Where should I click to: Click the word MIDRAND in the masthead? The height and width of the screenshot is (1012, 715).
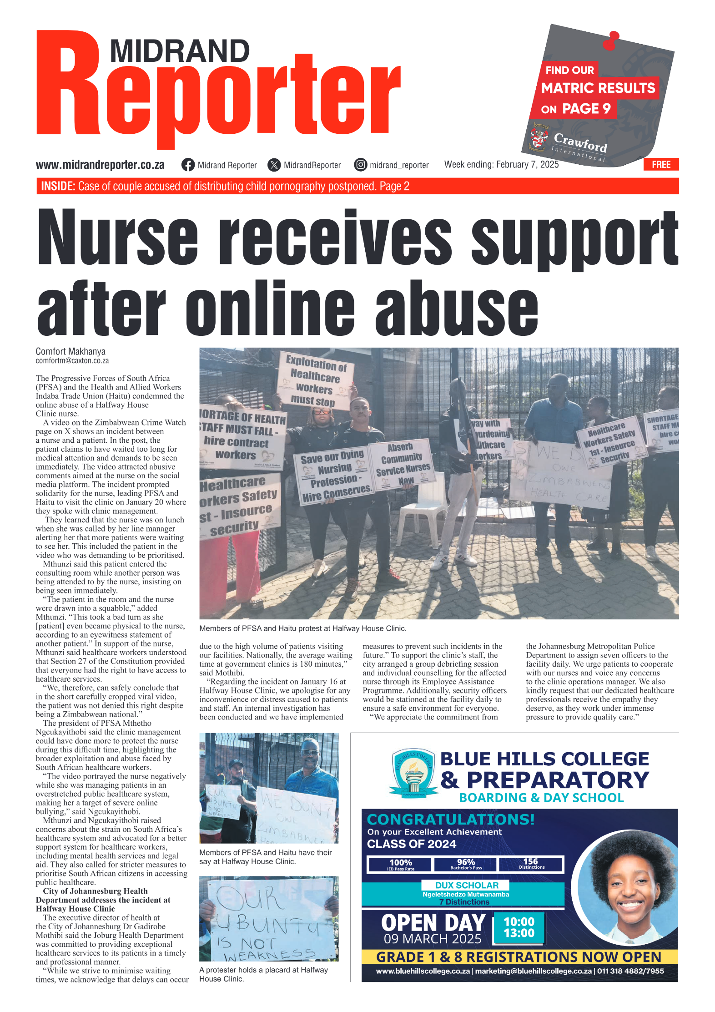[x=180, y=51]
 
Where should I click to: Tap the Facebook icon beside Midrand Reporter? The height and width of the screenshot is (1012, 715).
[x=188, y=165]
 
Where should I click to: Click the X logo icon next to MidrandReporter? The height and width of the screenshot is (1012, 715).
[x=274, y=165]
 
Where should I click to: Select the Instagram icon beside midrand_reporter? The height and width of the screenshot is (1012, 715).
[x=361, y=165]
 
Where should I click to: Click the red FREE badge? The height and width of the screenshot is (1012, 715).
[x=661, y=164]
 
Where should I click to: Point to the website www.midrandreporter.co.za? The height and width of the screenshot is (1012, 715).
[x=100, y=165]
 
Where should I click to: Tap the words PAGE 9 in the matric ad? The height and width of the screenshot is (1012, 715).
[x=586, y=109]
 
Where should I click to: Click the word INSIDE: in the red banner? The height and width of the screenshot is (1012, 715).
[x=58, y=186]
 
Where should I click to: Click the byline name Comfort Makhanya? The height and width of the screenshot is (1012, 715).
[x=70, y=351]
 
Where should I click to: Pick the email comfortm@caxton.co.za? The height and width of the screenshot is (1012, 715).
[x=72, y=361]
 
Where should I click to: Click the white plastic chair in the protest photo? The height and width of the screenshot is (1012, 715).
[x=423, y=514]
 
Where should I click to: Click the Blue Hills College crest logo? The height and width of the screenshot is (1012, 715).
[x=413, y=773]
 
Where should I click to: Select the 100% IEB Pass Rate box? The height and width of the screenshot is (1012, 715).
[x=400, y=864]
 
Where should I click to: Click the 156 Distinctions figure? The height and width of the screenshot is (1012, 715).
[x=531, y=863]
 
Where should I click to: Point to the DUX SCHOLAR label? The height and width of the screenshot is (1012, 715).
[x=467, y=885]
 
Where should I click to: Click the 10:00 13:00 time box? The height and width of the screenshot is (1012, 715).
[x=519, y=927]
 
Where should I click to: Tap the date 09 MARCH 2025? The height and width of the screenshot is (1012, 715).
[x=432, y=939]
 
